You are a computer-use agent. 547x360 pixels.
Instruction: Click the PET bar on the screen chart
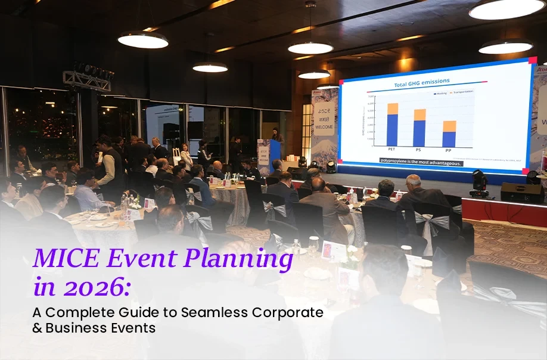(x=392, y=125)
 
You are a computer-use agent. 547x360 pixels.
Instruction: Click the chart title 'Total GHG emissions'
(x=417, y=85)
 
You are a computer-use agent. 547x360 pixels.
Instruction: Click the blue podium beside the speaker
(x=275, y=156)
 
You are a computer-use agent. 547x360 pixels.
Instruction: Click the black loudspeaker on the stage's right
(x=522, y=192)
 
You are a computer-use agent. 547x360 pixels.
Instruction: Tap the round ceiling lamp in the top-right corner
(x=507, y=10)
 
